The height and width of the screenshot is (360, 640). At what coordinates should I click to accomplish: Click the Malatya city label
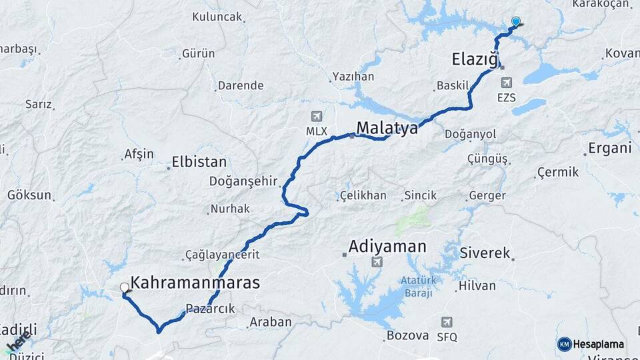coord(387,127)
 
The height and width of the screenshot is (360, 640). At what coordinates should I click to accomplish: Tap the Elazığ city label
coord(475,59)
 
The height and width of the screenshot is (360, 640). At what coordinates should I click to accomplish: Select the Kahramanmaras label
coord(195,283)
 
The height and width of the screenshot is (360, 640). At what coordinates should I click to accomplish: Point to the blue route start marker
coord(515,22)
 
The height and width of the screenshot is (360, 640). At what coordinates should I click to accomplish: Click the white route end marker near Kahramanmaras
coord(124,288)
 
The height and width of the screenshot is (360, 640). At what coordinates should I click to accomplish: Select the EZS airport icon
coord(507,83)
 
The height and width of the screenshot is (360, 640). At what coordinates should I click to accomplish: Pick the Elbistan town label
coord(199,162)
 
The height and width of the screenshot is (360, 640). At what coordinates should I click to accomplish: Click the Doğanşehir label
coord(242,181)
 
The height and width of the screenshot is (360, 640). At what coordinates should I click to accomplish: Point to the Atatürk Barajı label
coord(417,286)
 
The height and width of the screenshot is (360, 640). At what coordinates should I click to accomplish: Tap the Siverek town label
coord(485,253)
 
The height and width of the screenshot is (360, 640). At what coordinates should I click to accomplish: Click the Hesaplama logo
coord(592,344)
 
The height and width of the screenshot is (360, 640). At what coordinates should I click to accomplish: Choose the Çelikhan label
coord(363,196)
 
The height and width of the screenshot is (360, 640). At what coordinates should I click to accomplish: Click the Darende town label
coord(241,85)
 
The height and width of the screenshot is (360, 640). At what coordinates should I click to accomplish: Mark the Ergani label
coord(610,148)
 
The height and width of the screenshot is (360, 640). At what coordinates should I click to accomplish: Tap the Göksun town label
coord(29,195)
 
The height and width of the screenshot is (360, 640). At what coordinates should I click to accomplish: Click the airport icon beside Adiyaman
coord(377,262)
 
